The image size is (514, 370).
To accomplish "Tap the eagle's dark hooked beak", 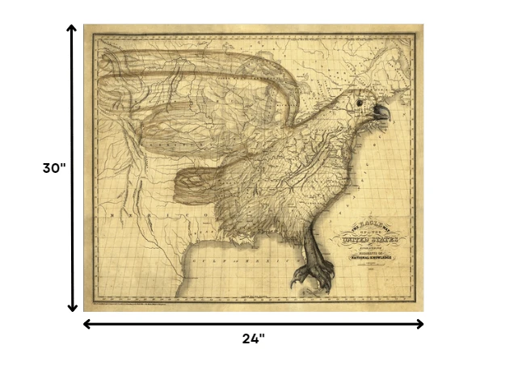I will tap(381, 113).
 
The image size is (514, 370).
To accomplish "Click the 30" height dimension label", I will tap(53, 168).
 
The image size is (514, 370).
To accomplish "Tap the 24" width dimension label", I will tap(253, 338).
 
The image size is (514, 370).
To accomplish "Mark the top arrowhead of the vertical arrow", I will tap(72, 29).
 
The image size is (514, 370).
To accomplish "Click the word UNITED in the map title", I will tap(360, 239).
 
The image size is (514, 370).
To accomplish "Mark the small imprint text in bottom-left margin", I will tap(137, 305).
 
